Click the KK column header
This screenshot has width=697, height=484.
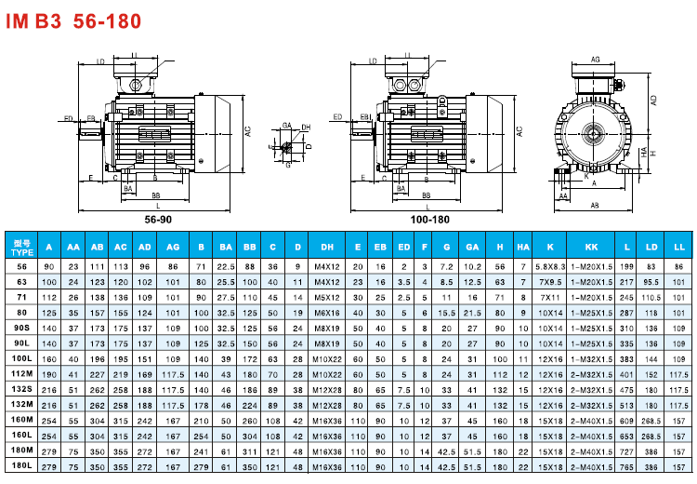pyautogui.click(x=592, y=247)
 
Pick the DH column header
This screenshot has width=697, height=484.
pyautogui.click(x=328, y=247)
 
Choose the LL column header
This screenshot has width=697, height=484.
pyautogui.click(x=679, y=247)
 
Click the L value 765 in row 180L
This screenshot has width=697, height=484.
pyautogui.click(x=626, y=464)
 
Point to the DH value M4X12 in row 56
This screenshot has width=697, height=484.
pyautogui.click(x=328, y=266)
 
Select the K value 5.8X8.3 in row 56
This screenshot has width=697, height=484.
pyautogui.click(x=551, y=266)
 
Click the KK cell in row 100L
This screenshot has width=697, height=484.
pyautogui.click(x=592, y=358)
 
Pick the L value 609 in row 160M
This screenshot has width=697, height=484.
pyautogui.click(x=626, y=420)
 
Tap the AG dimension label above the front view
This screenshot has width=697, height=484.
pyautogui.click(x=596, y=60)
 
